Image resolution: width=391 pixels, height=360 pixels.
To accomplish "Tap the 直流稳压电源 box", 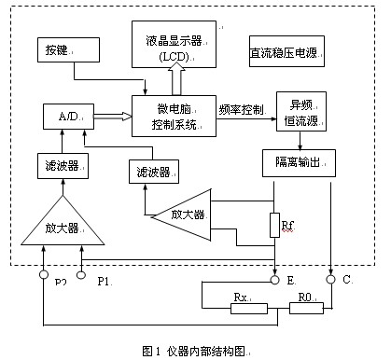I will (x=286, y=50).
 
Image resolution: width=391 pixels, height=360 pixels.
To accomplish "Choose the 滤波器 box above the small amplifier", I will (x=153, y=173).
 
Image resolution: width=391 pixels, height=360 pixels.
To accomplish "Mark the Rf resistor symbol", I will (x=273, y=225).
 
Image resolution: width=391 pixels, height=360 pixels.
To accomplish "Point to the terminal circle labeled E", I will (x=274, y=277).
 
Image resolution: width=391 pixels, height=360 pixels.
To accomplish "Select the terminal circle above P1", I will (x=81, y=276).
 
